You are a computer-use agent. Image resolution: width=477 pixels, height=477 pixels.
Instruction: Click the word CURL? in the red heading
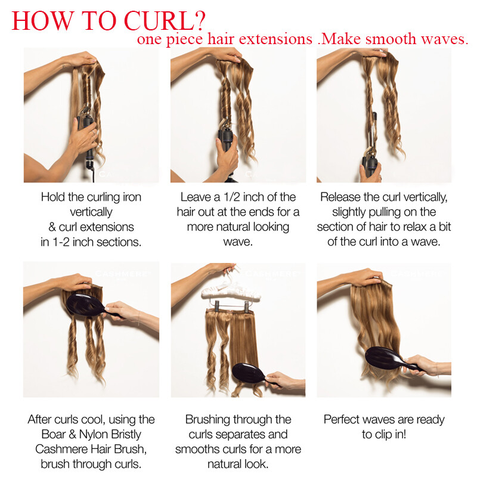(x=166, y=21)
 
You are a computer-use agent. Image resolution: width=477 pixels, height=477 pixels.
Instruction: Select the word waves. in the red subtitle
(x=444, y=39)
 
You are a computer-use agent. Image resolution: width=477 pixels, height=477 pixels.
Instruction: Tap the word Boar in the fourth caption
(x=54, y=434)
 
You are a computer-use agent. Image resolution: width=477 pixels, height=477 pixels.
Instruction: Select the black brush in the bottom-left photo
(x=91, y=305)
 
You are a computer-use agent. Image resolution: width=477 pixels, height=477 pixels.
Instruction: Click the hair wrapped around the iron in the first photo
(x=86, y=92)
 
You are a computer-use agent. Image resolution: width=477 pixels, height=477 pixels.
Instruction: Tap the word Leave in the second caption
(x=196, y=197)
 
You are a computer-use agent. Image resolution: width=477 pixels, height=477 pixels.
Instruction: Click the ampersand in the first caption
(x=52, y=227)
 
